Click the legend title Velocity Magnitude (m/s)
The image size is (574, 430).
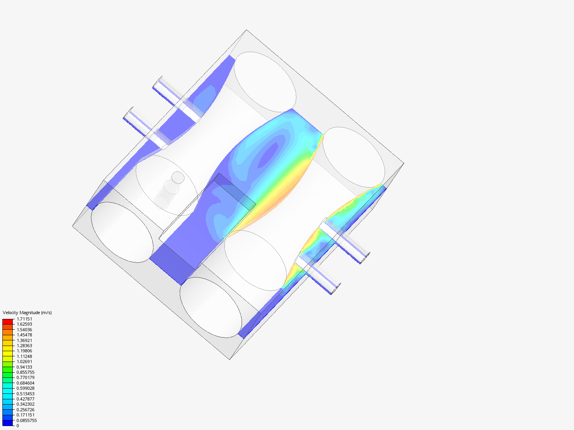pos(27,313)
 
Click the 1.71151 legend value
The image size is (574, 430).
pos(24,319)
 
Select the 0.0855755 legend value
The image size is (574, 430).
pos(27,420)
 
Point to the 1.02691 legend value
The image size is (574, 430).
pos(24,362)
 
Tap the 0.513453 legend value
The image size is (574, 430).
pos(26,394)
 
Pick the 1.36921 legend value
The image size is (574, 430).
pos(24,340)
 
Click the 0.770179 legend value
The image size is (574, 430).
pos(26,377)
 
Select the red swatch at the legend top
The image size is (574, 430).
pos(8,321)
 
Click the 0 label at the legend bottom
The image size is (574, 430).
pos(18,426)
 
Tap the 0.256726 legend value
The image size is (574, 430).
pos(26,410)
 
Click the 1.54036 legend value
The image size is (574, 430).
pos(24,330)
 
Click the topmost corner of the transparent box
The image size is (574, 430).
pos(247,30)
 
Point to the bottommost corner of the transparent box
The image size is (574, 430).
pos(230,360)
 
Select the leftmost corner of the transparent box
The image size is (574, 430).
pos(73,226)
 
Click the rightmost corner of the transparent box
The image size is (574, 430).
pos(404,163)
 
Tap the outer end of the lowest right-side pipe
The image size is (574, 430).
pos(335,289)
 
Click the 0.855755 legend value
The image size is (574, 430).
pos(26,372)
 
